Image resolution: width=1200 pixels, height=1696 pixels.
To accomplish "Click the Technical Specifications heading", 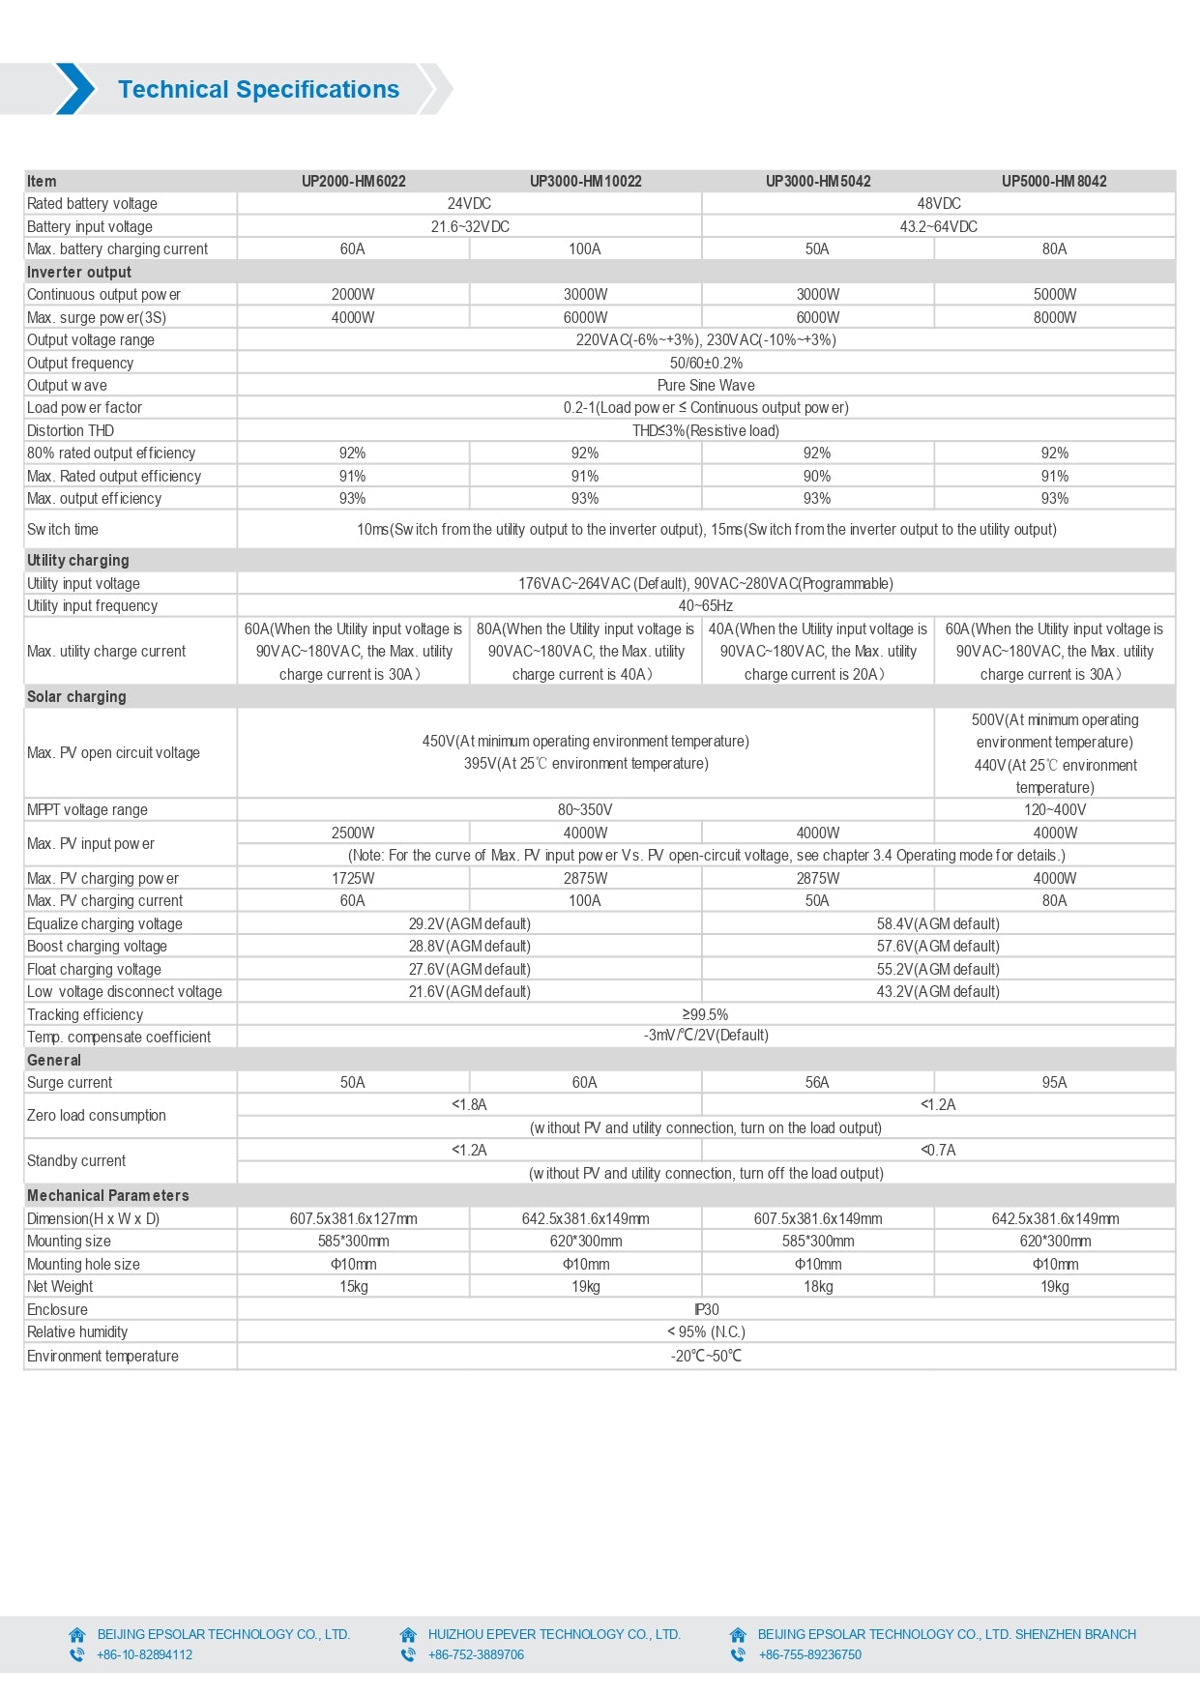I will [258, 90].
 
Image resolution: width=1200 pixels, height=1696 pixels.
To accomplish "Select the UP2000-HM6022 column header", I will [353, 181].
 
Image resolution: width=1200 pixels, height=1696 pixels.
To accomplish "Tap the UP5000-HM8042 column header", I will [1054, 181].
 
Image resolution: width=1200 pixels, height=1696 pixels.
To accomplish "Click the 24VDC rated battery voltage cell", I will [469, 204].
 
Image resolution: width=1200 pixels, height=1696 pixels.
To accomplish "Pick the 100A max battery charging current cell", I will [585, 249].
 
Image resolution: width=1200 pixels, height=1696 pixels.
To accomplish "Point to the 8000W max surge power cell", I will [1054, 317].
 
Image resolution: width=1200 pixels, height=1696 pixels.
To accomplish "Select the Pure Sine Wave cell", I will [706, 385].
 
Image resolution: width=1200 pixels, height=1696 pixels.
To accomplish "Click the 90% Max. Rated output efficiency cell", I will [817, 476].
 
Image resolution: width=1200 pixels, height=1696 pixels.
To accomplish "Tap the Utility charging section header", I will [77, 560].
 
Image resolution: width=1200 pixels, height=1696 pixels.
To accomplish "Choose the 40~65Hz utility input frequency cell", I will [706, 606].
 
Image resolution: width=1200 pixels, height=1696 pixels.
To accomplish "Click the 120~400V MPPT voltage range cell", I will [1054, 810].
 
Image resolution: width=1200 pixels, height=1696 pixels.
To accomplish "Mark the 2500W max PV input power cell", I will [353, 833].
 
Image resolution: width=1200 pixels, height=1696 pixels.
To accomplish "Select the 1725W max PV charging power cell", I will [353, 878].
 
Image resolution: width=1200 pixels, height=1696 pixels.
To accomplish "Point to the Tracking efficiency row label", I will [85, 1014].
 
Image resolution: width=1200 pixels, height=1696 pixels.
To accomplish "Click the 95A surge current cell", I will [1054, 1083].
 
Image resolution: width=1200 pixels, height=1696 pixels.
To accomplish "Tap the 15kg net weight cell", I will [353, 1287].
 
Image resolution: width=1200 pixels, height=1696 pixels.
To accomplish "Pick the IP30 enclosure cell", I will [706, 1310].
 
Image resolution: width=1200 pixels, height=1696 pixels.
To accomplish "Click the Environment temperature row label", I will [102, 1356].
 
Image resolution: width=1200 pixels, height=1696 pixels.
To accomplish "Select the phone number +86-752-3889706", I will [476, 1654].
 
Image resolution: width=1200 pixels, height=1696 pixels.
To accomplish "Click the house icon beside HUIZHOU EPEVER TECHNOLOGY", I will [408, 1634].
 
